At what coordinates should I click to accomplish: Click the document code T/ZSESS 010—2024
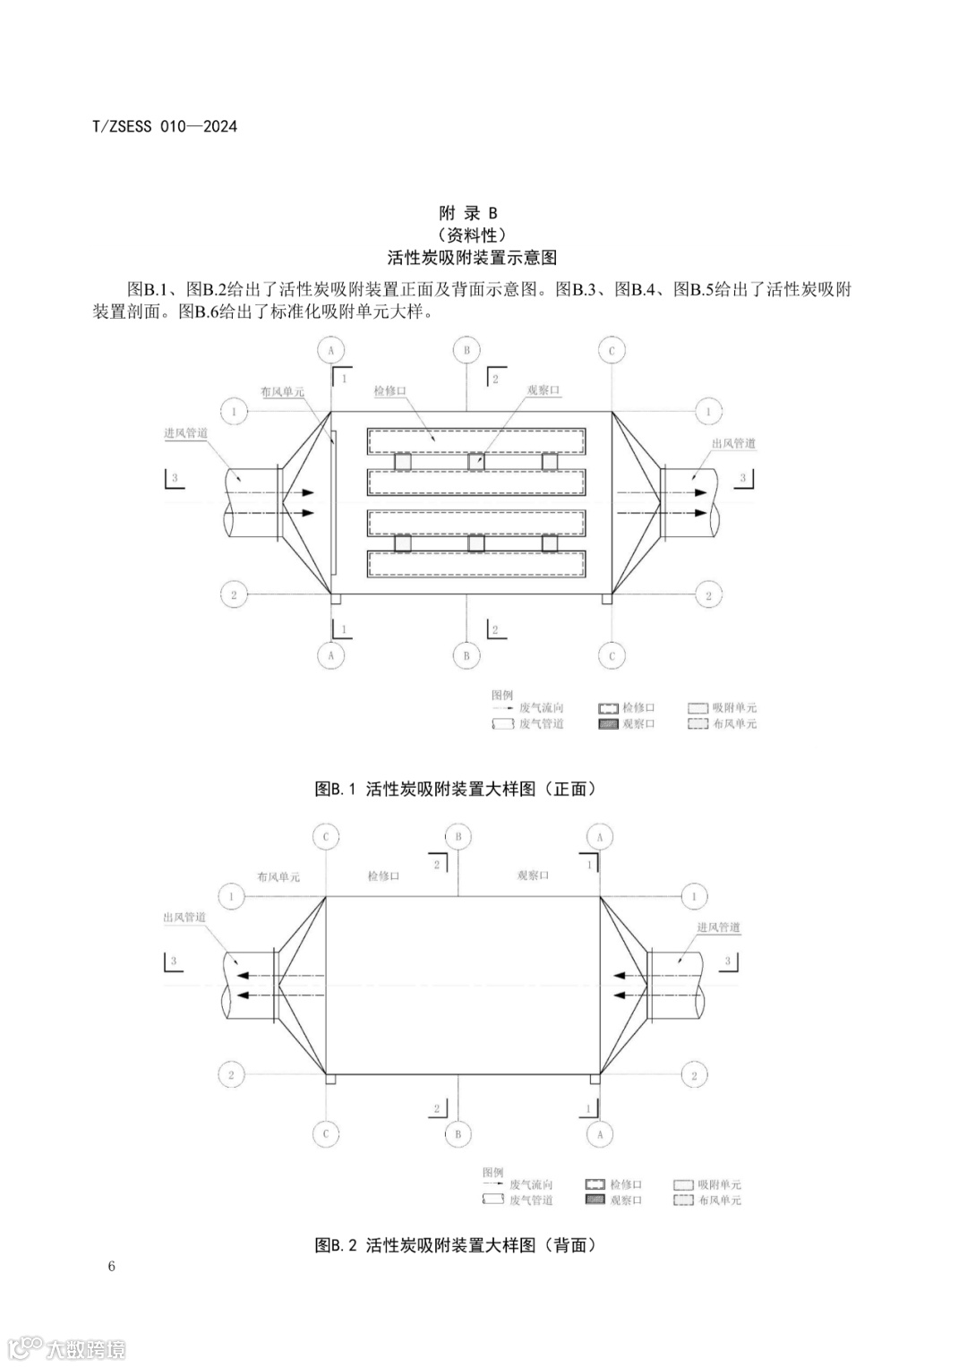[x=165, y=126]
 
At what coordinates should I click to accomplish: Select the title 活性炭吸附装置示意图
[x=472, y=258]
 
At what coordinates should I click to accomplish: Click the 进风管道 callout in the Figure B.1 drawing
[x=186, y=433]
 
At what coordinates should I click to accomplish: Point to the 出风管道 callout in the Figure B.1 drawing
[x=733, y=443]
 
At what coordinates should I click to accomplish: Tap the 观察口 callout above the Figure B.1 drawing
[x=543, y=390]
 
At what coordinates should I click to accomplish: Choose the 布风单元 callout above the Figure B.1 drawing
[x=282, y=392]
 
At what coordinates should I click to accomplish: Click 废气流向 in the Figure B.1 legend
[x=542, y=708]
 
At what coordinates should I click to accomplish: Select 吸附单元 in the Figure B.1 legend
[x=734, y=708]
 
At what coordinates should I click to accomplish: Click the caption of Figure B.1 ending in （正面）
[x=455, y=789]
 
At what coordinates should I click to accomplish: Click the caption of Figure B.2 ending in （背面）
[x=455, y=1245]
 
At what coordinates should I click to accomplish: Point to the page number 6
[x=111, y=1266]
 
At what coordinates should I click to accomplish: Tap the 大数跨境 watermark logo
[x=67, y=1347]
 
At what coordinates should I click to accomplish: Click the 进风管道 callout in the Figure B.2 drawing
[x=718, y=927]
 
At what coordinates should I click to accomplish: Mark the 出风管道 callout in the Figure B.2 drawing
[x=184, y=918]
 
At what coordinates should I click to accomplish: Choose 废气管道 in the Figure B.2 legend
[x=531, y=1200]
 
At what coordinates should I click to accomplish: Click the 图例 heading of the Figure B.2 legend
[x=492, y=1172]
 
